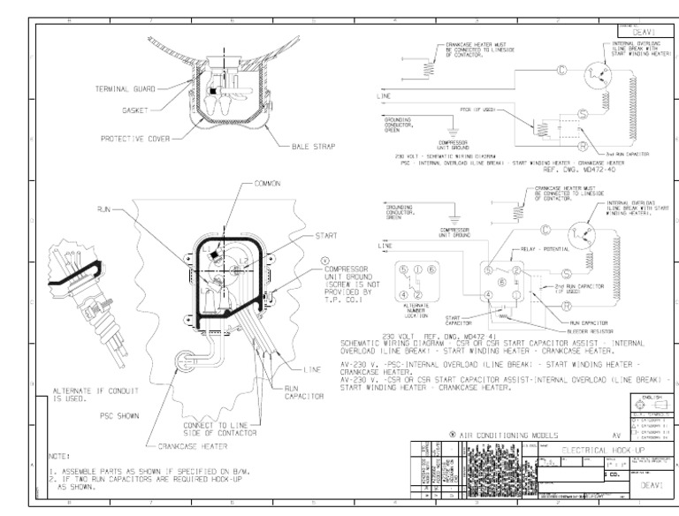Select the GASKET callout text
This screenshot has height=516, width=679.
(x=135, y=112)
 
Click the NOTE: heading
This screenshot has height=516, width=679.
(x=60, y=456)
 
